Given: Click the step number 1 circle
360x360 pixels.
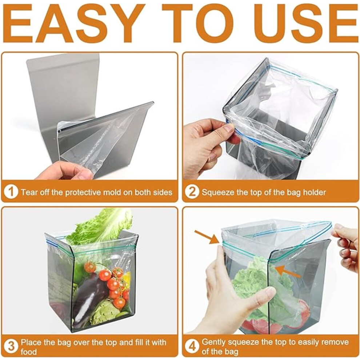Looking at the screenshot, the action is click(11, 192).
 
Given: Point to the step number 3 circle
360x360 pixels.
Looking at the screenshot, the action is click(11, 346).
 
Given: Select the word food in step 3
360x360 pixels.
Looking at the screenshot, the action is click(29, 352).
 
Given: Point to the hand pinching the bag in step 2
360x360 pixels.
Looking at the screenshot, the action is click(209, 147).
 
